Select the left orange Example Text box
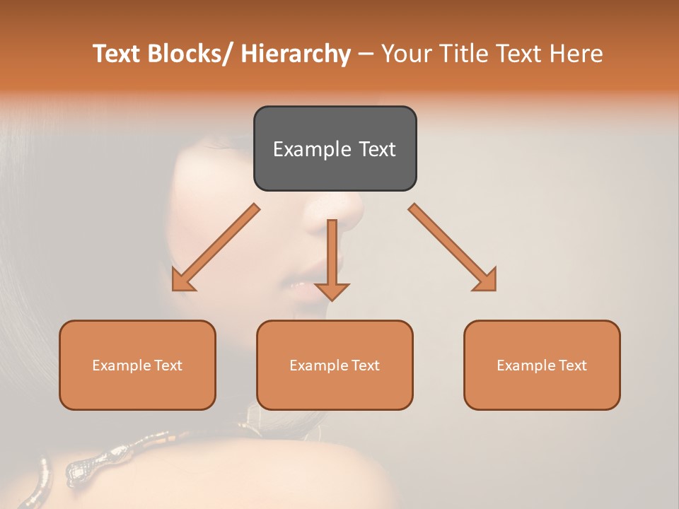click(x=137, y=365)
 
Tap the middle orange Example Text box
click(x=335, y=365)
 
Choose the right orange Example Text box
click(x=542, y=365)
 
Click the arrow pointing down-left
click(x=216, y=247)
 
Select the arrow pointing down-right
click(x=453, y=247)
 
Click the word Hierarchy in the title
click(x=296, y=54)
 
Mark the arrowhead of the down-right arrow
click(x=487, y=281)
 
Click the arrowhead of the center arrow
click(x=332, y=291)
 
